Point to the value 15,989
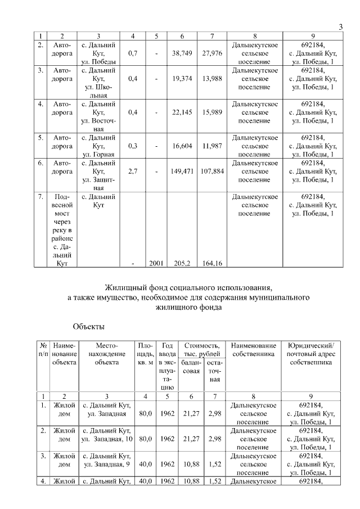tap(211, 112)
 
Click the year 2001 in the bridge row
tap(156, 263)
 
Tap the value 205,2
tap(182, 263)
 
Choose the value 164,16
tap(211, 263)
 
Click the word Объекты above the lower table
tap(89, 326)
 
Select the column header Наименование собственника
tap(254, 349)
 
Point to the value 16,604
tap(182, 146)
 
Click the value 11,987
tap(211, 146)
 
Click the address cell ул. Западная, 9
tap(107, 464)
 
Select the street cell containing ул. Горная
tap(98, 154)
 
